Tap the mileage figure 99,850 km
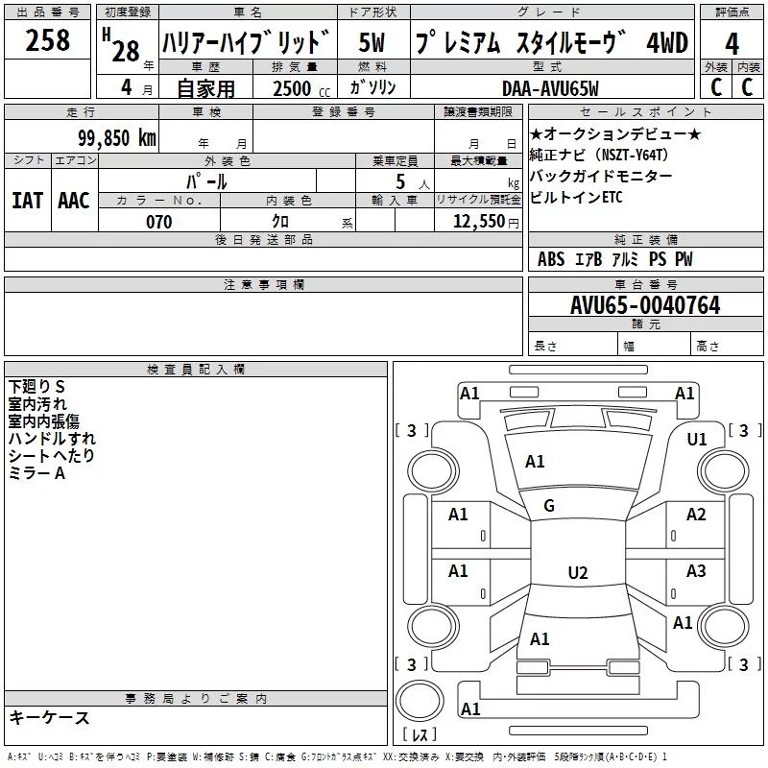117,138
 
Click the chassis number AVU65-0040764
645,306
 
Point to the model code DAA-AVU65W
550,88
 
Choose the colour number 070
159,222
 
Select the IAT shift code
27,200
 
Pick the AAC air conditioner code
74,200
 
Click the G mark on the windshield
549,506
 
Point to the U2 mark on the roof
577,573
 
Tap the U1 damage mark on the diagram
697,439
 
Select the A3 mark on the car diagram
696,571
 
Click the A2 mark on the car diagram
696,515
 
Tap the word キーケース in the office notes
49,718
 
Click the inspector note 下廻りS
36,386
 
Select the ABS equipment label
551,259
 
